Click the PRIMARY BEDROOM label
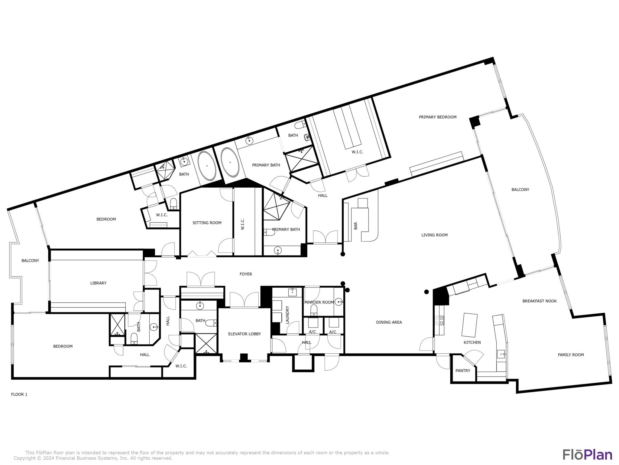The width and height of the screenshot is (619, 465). pos(437,117)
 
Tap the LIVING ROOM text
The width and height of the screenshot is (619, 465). pos(434,235)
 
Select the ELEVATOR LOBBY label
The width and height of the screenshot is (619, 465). pos(244,334)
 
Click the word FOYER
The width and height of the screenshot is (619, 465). pos(245,274)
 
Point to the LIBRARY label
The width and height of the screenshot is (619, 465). pos(98,283)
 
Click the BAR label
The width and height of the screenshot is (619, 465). pos(356,226)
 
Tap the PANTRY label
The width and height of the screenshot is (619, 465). pos(463,371)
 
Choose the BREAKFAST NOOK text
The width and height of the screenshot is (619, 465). pos(539,301)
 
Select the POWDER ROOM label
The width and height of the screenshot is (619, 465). pos(319,302)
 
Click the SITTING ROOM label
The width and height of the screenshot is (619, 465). pos(207,223)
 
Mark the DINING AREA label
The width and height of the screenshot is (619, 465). pos(389,322)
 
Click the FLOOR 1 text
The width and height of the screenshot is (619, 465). pos(19,394)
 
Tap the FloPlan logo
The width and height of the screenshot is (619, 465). pos(587,455)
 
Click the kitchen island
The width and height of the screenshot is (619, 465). pos(469,325)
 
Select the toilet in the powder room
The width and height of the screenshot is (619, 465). pos(314,310)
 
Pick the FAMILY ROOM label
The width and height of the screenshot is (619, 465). pos(571,355)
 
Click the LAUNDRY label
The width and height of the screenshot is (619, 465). pos(287,315)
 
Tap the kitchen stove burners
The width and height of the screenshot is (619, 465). pos(439,320)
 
